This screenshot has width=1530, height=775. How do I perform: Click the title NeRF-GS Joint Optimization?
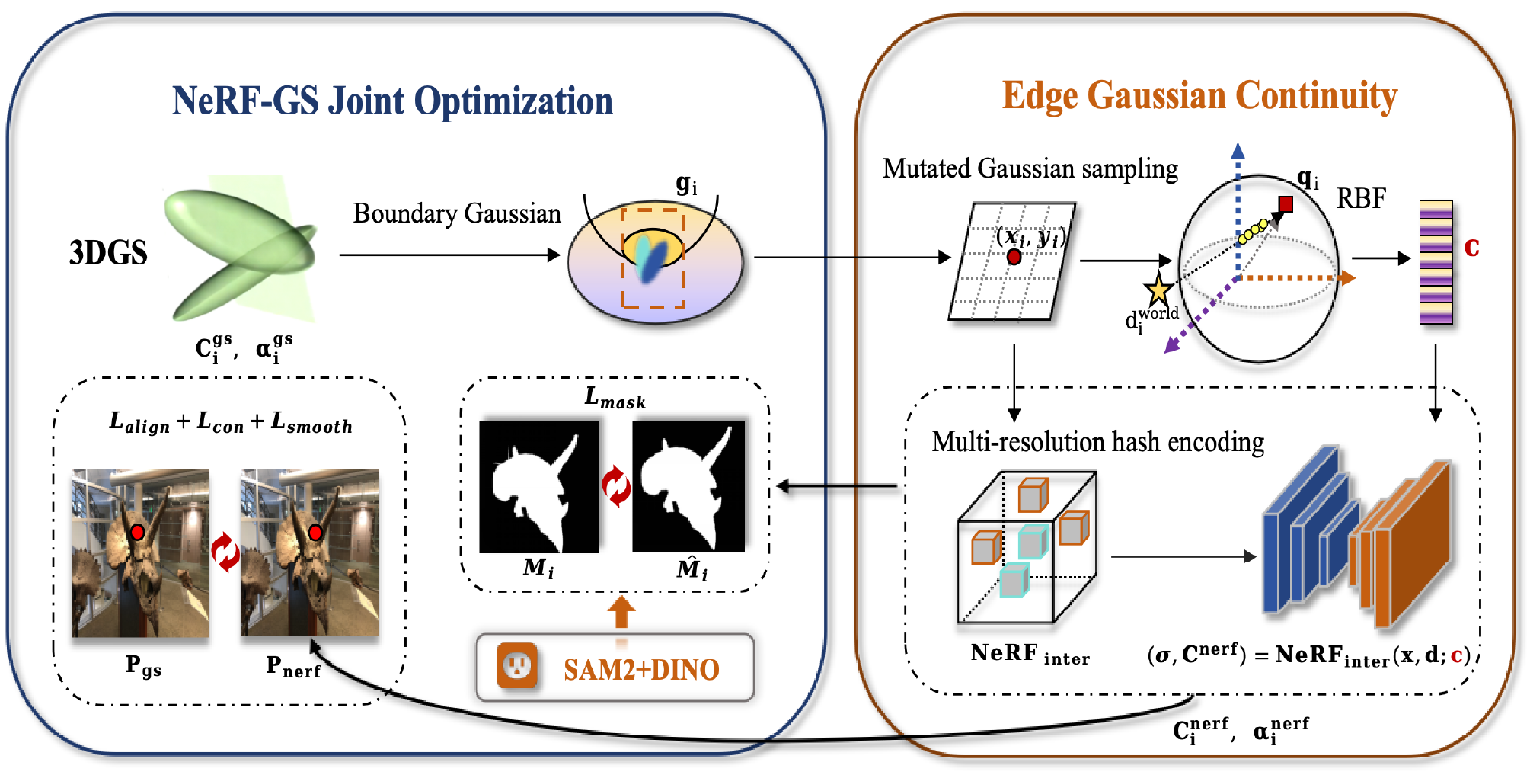[x=392, y=101]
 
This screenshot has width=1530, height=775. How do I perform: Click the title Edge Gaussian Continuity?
[x=1199, y=97]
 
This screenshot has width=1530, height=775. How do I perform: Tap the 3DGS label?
[x=108, y=253]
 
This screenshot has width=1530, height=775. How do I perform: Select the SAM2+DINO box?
[x=615, y=668]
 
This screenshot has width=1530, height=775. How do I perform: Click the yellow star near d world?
[x=1158, y=290]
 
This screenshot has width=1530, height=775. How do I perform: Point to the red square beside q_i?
[x=1286, y=204]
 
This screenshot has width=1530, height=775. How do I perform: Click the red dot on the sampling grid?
[x=1014, y=257]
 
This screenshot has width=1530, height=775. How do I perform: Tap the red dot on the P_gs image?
[x=137, y=532]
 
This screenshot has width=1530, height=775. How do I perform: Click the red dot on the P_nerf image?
[x=315, y=532]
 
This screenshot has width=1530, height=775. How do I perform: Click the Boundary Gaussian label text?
[x=457, y=214]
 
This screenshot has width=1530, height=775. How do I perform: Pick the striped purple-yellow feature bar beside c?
[x=1436, y=262]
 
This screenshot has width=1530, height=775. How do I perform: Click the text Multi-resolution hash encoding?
[x=1097, y=442]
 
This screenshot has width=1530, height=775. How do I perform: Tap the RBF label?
[x=1361, y=199]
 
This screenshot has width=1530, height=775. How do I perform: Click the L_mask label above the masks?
[x=615, y=398]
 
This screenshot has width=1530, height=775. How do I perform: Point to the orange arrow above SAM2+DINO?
[x=621, y=613]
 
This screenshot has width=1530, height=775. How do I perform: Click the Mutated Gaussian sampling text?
[x=1030, y=168]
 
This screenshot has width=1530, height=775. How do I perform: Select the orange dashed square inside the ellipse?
[x=653, y=258]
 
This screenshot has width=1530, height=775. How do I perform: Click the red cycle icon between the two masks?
[x=616, y=487]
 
